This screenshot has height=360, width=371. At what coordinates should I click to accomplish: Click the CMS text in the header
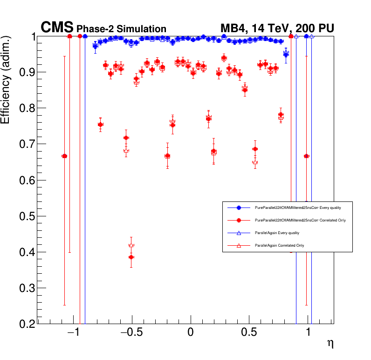pos(57,28)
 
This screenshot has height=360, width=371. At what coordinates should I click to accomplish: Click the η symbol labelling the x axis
pos(330,344)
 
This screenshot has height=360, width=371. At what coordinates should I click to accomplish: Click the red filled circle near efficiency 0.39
pos(131,257)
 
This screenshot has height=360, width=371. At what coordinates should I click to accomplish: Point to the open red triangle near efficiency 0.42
pos(131,245)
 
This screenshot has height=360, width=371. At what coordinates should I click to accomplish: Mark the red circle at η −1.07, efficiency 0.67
pos(64,156)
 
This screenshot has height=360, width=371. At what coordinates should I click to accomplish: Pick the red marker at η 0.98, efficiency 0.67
pos(306,156)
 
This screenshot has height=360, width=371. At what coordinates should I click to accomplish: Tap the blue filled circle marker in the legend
pos(239,207)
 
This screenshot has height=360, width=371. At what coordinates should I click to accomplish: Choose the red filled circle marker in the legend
pos(239,220)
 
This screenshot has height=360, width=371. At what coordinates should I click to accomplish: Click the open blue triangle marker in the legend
pos(239,232)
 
